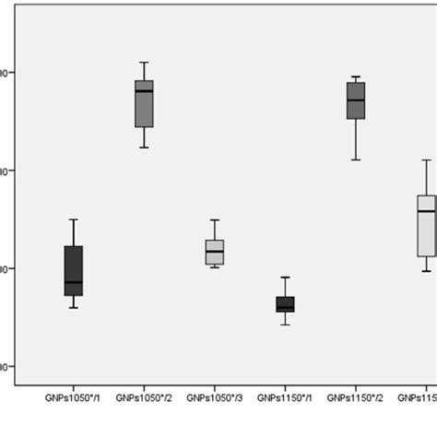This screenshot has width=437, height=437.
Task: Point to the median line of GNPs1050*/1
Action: pyautogui.click(x=74, y=282)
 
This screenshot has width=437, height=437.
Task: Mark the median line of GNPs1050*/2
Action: pyautogui.click(x=144, y=91)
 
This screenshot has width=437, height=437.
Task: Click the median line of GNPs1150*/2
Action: pyautogui.click(x=356, y=100)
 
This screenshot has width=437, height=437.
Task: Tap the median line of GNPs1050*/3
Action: pyautogui.click(x=215, y=251)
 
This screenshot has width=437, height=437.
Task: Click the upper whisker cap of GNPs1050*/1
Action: pyautogui.click(x=74, y=219)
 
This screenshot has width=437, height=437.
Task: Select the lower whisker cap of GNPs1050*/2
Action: pyautogui.click(x=144, y=148)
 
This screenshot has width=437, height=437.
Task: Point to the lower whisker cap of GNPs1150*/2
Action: pyautogui.click(x=356, y=159)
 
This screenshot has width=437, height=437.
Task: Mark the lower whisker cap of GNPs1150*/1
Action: pyautogui.click(x=285, y=325)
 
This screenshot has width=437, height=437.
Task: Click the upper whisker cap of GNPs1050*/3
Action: pyautogui.click(x=215, y=220)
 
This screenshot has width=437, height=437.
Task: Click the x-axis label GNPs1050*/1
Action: pyautogui.click(x=74, y=398)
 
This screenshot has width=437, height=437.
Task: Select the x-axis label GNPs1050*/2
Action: pyautogui.click(x=144, y=398)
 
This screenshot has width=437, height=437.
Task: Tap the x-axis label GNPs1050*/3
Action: pyautogui.click(x=215, y=398)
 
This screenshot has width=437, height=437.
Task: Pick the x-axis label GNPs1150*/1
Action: pyautogui.click(x=285, y=398)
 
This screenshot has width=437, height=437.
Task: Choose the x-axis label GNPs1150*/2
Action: pyautogui.click(x=356, y=398)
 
